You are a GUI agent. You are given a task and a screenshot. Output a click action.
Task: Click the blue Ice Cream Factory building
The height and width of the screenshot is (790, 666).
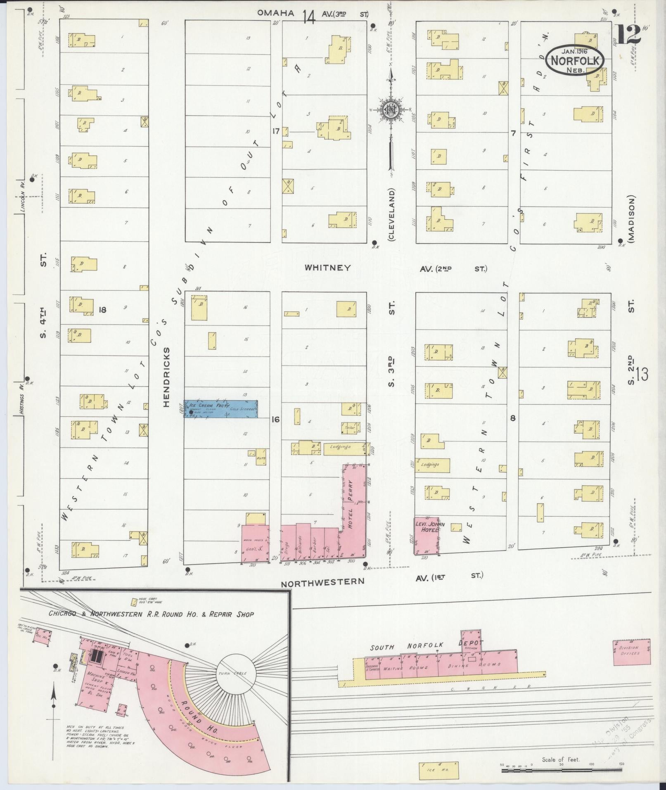pos(221,409)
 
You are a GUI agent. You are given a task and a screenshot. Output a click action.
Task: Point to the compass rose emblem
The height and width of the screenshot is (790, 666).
pos(389,109)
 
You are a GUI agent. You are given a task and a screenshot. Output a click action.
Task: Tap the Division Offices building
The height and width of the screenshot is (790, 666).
pos(631,652)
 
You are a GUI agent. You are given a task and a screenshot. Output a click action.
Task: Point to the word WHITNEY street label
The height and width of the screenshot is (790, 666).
pos(327,268)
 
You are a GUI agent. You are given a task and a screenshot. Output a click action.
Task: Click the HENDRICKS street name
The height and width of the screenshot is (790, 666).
pos(166,377)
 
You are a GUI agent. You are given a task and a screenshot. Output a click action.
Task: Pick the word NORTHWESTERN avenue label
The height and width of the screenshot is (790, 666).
pos(322,581)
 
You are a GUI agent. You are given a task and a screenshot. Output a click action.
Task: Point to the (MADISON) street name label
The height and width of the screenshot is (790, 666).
pos(632,218)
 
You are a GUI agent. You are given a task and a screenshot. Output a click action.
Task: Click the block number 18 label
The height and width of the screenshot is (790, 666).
pos(102,309)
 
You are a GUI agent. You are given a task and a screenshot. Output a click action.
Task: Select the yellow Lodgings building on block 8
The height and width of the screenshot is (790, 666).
pos(432,465)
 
